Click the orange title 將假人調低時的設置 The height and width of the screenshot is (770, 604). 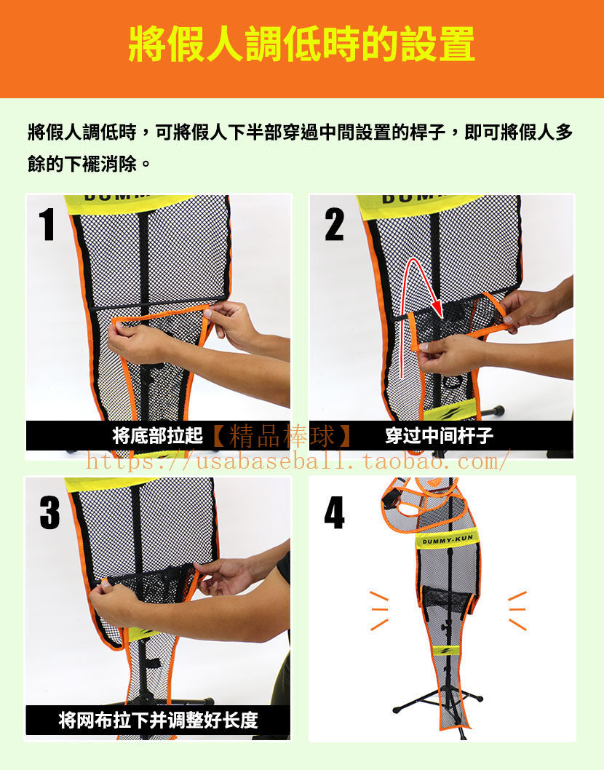tap(301, 44)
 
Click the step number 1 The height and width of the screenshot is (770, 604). tap(47, 224)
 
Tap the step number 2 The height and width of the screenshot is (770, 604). tap(335, 224)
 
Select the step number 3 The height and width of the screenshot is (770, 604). tap(49, 512)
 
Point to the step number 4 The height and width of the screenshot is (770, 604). tap(335, 512)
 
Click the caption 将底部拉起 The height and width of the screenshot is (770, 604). tap(158, 435)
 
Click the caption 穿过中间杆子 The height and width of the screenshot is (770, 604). tap(439, 435)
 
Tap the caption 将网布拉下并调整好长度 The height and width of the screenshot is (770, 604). tap(158, 721)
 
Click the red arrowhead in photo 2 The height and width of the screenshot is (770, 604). tap(436, 308)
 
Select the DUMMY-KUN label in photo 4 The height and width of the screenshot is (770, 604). tap(448, 540)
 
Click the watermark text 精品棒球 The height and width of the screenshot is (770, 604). tap(282, 435)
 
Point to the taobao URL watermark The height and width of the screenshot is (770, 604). tap(297, 462)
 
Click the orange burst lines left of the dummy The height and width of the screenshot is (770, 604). tap(378, 611)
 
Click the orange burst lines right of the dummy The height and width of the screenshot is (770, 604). tap(517, 611)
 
